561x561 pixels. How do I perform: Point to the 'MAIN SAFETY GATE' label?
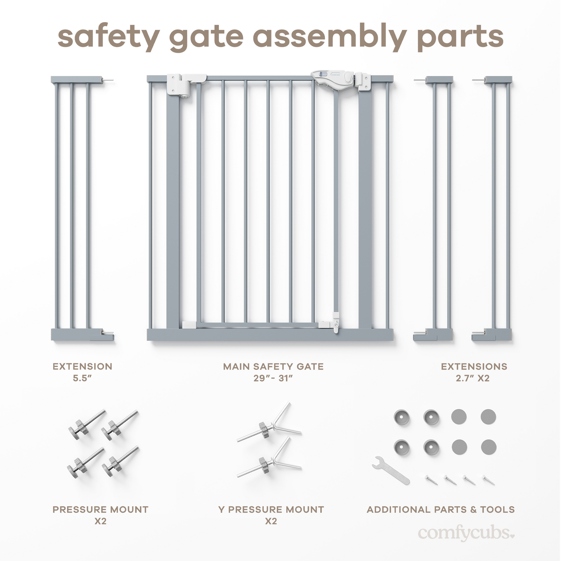pos(273,366)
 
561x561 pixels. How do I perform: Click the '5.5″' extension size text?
pos(82,378)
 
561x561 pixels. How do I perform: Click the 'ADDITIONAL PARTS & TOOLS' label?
pos(441,509)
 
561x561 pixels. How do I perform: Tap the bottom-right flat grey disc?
pos(488,447)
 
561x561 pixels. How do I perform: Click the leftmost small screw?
pos(431,480)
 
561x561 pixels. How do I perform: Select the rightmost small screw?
pos(488,480)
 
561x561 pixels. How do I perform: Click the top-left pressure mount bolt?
pos(87,425)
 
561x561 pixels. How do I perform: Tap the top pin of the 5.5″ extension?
pos(108,80)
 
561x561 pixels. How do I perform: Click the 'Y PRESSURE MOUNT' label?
pos(271,509)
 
